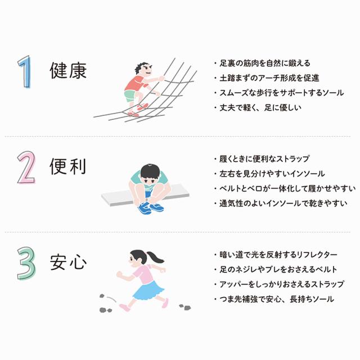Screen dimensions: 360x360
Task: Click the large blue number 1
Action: [x=25, y=72]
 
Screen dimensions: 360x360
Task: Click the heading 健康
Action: [x=68, y=72]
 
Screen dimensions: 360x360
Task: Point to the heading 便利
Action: [x=68, y=167]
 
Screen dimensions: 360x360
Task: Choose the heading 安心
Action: [x=68, y=262]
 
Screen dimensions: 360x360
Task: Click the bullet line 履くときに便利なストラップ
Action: [x=264, y=159]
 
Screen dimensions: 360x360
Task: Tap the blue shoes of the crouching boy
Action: [x=151, y=208]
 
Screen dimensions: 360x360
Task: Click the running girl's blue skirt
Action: [x=148, y=290]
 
